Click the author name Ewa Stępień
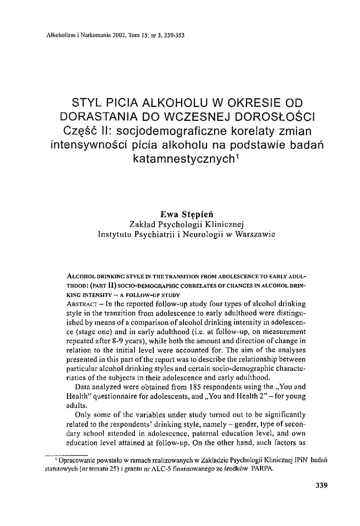180,214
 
